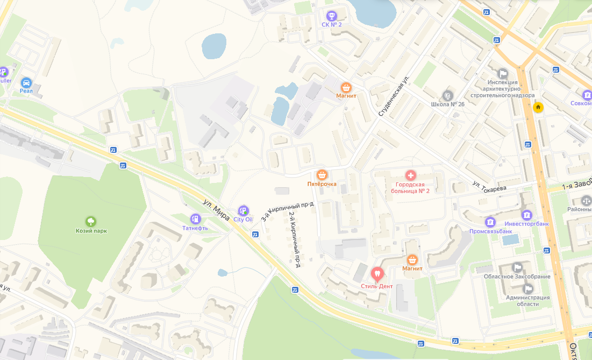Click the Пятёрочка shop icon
click(322, 174)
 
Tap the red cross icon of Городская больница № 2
click(410, 175)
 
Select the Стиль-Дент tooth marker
click(377, 273)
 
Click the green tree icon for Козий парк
click(91, 221)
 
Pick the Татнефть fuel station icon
click(195, 218)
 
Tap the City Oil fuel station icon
click(243, 210)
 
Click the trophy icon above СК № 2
click(331, 15)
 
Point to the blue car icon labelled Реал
click(26, 82)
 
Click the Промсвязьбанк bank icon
click(490, 222)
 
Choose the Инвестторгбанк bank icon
click(526, 215)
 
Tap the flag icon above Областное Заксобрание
click(517, 267)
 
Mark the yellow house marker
click(538, 107)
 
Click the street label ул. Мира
click(217, 210)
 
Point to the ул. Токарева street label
click(489, 186)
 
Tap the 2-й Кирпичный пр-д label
click(294, 239)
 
